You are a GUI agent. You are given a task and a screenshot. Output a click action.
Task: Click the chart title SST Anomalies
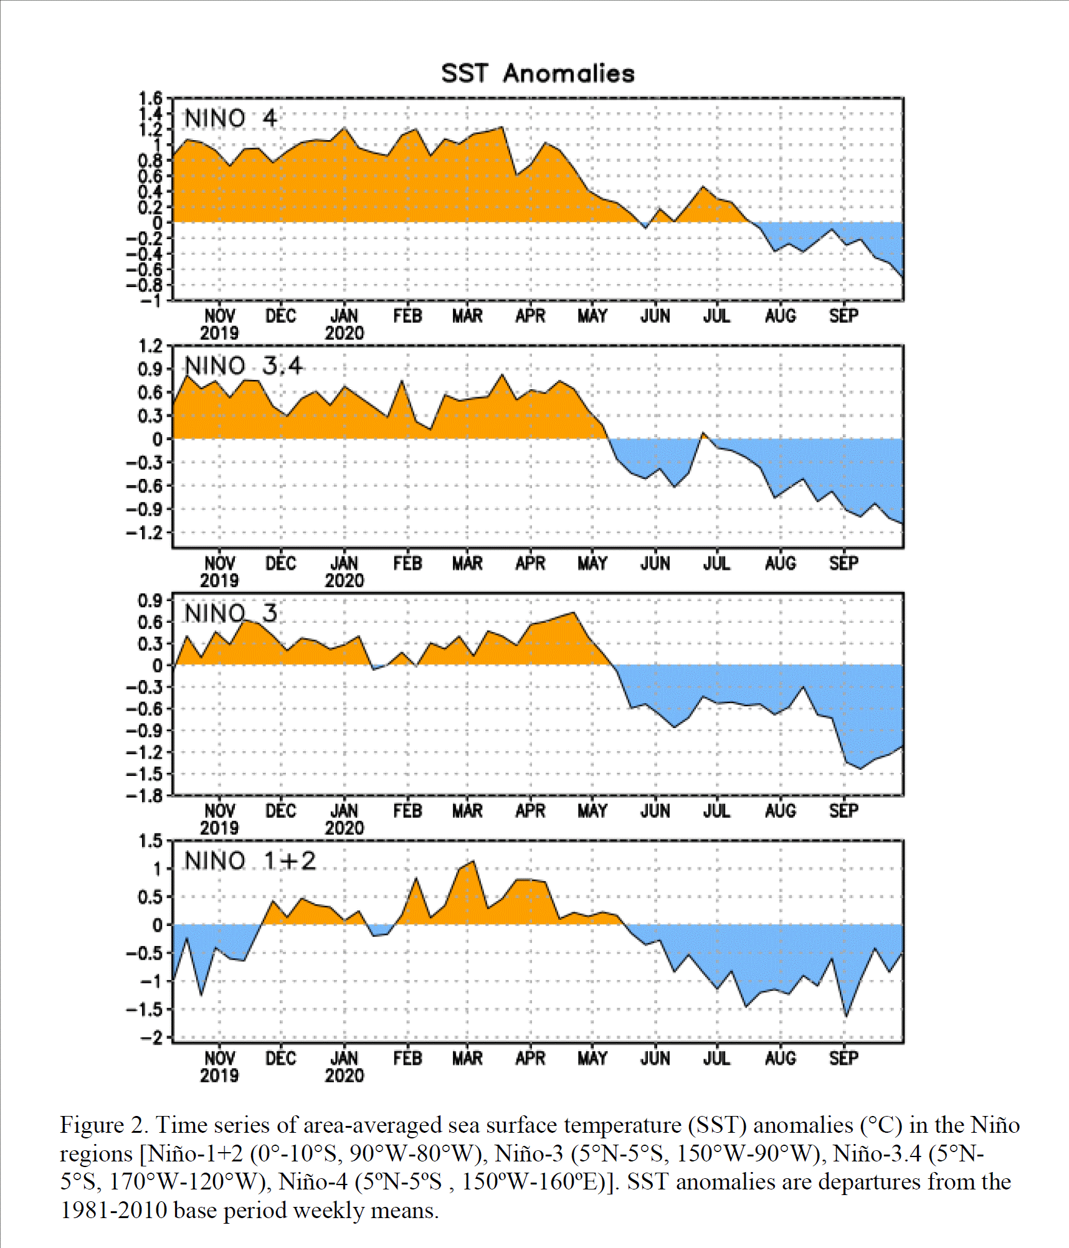point(538,73)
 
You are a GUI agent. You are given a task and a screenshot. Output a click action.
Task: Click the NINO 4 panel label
point(230,118)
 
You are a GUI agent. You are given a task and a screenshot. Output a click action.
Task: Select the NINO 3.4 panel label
point(244,366)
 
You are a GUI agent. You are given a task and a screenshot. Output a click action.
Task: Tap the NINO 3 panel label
point(230,613)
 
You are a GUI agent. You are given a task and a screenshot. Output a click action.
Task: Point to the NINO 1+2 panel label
point(250,861)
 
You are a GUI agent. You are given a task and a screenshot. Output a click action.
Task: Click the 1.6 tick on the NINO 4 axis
point(150,98)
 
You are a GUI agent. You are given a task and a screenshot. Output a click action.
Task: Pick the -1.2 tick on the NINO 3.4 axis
point(144,533)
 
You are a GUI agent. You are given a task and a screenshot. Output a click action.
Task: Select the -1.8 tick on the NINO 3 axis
point(144,796)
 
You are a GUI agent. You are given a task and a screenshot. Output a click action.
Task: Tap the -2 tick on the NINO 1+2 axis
point(151,1038)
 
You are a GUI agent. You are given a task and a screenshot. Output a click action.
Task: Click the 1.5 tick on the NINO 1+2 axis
point(150,841)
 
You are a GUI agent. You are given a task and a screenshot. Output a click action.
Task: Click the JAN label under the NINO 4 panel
point(344,316)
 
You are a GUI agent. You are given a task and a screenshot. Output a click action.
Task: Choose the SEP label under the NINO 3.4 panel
point(843,564)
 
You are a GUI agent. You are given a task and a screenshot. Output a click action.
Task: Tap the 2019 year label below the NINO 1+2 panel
point(219,1075)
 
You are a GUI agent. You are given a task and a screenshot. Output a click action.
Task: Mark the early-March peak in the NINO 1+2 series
point(473,861)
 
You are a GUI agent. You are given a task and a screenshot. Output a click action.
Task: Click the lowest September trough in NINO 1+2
point(845,1016)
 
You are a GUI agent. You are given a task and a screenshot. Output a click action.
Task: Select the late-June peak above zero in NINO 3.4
point(703,433)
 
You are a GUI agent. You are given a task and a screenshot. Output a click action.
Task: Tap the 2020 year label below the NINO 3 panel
point(344,828)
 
